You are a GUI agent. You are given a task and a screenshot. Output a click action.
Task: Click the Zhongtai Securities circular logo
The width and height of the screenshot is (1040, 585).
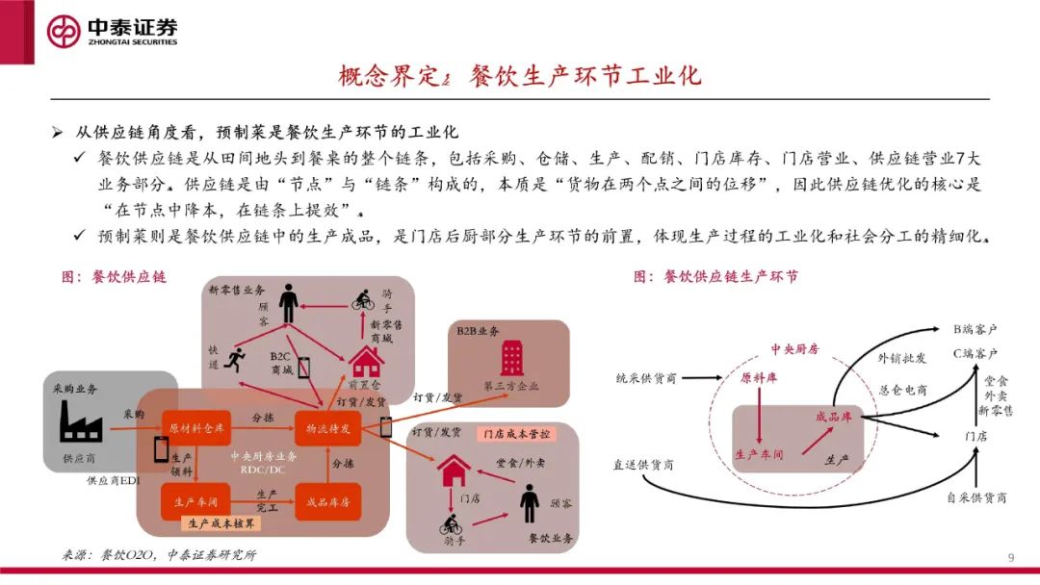tap(64, 31)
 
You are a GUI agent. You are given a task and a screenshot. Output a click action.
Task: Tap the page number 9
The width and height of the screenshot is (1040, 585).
tap(1010, 558)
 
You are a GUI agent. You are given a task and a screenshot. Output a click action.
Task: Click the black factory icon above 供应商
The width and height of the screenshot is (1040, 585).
tap(79, 422)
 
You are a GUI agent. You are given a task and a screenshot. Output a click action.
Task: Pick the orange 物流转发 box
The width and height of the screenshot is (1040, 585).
tap(327, 426)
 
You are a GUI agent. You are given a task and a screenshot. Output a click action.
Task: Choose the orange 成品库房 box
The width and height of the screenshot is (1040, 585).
tap(327, 501)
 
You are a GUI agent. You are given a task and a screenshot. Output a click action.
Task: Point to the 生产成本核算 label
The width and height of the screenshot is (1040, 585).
tap(221, 523)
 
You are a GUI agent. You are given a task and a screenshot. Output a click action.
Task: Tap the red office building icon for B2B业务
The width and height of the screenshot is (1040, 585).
tap(512, 358)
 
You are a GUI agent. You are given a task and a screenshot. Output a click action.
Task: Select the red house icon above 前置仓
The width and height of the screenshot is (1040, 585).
tap(366, 362)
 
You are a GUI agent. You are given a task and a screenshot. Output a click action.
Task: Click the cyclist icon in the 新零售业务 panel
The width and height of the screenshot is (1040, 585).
tap(363, 299)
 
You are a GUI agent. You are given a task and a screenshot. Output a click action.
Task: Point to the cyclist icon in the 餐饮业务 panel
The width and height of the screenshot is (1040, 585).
tap(451, 524)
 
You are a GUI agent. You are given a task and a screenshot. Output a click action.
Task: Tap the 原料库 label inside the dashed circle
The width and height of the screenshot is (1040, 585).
tap(759, 378)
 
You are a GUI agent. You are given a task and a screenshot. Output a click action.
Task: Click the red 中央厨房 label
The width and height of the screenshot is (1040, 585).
tap(794, 349)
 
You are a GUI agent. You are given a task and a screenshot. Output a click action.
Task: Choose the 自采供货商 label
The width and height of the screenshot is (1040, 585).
tap(975, 497)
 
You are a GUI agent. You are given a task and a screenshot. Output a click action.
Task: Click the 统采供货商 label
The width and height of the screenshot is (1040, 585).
tap(646, 378)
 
